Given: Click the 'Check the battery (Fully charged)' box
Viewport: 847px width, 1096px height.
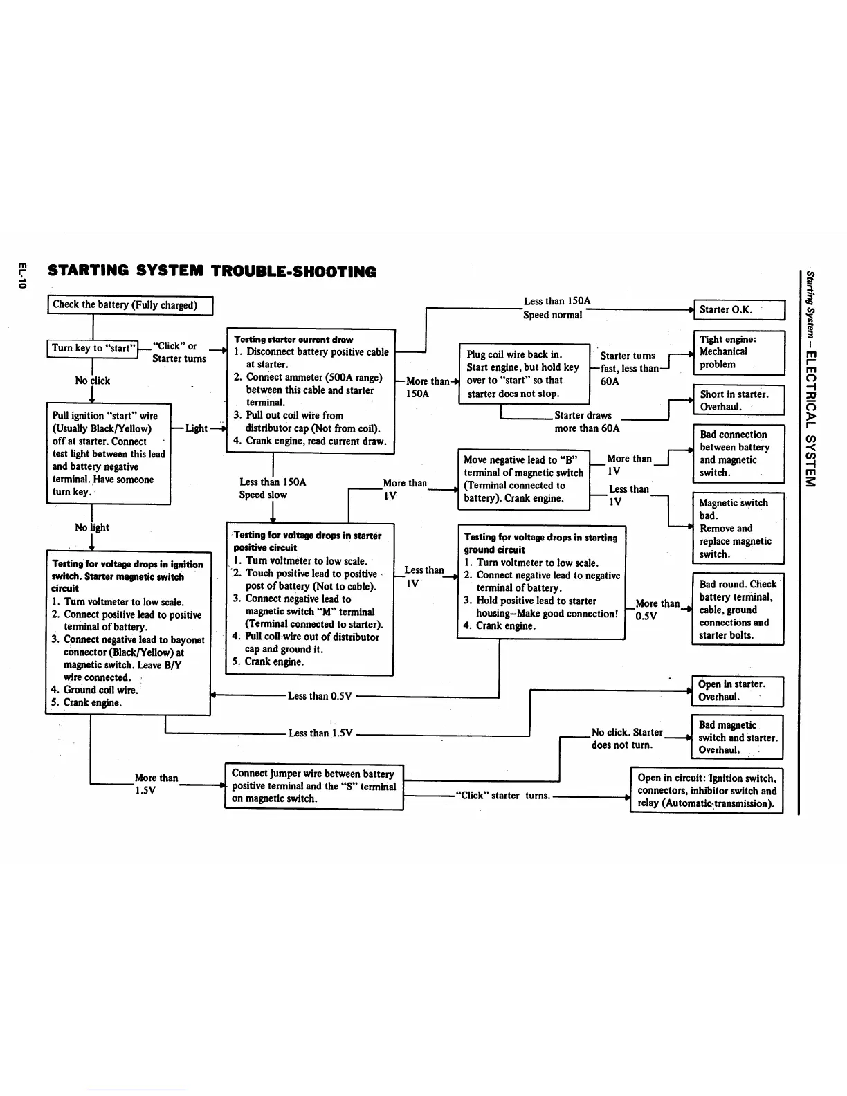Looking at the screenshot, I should point(129,304).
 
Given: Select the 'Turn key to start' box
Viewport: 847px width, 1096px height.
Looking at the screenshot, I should point(93,348).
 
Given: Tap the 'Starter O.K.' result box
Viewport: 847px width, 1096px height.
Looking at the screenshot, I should point(739,309).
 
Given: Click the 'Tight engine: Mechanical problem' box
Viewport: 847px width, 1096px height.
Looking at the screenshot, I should point(739,352).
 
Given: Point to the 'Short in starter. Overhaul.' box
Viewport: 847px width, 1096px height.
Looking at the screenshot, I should point(739,401).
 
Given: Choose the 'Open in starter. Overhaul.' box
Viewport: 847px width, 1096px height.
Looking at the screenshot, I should point(738,691).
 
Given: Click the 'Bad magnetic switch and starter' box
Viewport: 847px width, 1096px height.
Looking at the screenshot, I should point(738,737).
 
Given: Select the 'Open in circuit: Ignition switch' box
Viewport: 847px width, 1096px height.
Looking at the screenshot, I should point(707,791).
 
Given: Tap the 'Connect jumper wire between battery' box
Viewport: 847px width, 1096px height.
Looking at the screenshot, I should point(313,786).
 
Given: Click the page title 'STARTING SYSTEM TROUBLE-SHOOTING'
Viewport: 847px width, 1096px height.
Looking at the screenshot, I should point(212,271).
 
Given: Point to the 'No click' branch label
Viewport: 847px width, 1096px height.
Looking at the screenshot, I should point(92,381).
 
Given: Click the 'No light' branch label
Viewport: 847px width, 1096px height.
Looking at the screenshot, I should point(92,527).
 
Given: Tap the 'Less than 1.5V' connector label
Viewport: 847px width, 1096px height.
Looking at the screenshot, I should point(320,733).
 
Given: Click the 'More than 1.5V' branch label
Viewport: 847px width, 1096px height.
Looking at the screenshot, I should point(156,784).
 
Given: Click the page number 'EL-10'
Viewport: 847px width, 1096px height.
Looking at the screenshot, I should point(22,275).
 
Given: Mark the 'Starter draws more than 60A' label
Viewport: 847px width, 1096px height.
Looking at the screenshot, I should point(585,421).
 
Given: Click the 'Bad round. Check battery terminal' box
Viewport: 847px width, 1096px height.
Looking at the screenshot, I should point(738,609).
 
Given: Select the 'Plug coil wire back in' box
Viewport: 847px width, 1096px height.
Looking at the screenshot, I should point(524,374).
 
